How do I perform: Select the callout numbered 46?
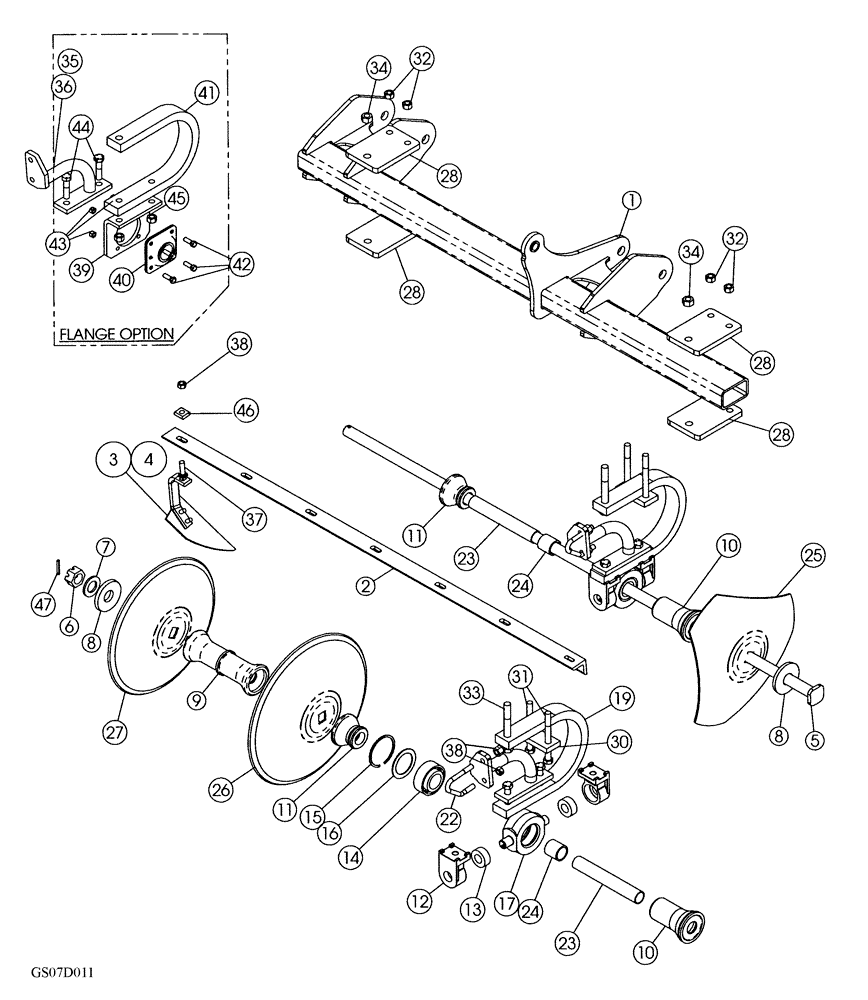click(x=245, y=409)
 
